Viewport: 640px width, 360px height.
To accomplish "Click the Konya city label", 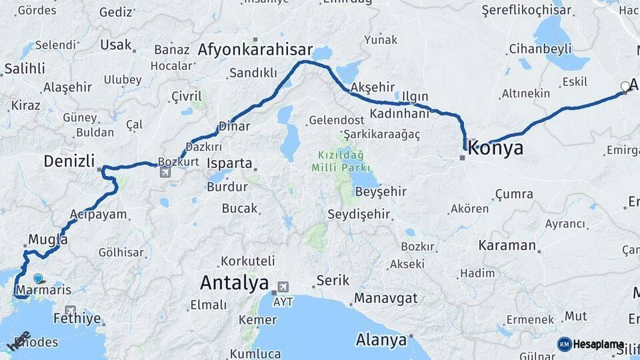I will (x=496, y=148).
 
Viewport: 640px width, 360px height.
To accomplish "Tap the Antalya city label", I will (x=235, y=283).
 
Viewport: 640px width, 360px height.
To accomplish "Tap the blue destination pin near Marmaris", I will (x=38, y=279).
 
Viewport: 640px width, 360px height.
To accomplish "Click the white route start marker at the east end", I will (x=625, y=86).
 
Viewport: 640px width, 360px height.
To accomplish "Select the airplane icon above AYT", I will (x=283, y=287).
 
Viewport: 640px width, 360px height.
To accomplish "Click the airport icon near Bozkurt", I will (x=165, y=172).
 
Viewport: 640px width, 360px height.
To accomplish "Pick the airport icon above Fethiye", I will (x=70, y=311).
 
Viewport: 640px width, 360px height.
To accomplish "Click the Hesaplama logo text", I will (x=599, y=344).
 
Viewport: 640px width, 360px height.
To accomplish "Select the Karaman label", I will (x=507, y=245).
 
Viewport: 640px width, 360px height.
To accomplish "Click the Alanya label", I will (x=381, y=340).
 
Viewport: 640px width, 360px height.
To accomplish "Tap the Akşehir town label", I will (x=373, y=87).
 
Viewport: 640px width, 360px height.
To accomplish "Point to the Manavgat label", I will (x=386, y=298).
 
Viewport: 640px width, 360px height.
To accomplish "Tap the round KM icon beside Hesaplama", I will (x=564, y=344).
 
